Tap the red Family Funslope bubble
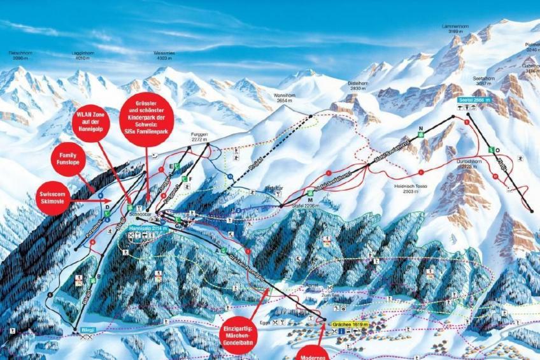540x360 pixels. [67, 159]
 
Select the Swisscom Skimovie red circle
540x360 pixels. [53, 198]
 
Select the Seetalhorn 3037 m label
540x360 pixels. [485, 80]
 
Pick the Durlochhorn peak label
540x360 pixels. [472, 164]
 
